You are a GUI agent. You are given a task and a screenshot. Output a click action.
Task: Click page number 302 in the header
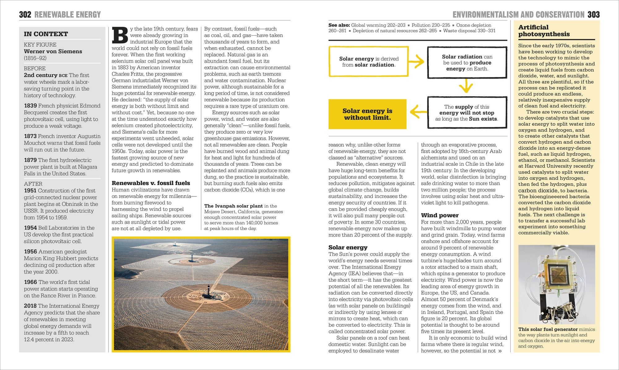tap(25, 15)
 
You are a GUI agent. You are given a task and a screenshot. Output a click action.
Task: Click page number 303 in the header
tap(594, 15)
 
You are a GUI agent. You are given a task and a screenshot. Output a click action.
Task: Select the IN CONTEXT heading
tap(46, 34)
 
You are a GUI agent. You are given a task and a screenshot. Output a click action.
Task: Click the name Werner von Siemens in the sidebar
tap(53, 51)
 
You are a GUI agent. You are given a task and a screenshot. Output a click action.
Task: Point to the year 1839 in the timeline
tap(30, 106)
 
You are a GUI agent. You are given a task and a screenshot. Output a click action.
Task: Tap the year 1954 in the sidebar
tap(30, 228)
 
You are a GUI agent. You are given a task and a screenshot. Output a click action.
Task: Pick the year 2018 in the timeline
tap(30, 306)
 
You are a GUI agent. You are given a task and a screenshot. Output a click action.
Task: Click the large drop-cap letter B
tap(120, 35)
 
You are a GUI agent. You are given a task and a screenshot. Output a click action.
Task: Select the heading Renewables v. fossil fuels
tap(151, 183)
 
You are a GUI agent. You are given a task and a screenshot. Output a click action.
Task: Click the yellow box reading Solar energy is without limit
tap(367, 114)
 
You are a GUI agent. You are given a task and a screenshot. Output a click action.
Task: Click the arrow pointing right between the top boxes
tap(418, 61)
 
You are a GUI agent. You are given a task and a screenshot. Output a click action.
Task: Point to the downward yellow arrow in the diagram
tap(466, 86)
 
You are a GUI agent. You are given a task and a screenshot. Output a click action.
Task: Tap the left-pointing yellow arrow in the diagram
tap(417, 112)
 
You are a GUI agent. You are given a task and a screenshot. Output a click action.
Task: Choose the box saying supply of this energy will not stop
tap(467, 113)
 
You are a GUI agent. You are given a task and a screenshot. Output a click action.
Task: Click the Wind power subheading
tap(439, 215)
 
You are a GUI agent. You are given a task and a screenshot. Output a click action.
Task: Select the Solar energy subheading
tap(348, 247)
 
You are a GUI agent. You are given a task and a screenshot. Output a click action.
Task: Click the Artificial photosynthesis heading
tap(544, 31)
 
